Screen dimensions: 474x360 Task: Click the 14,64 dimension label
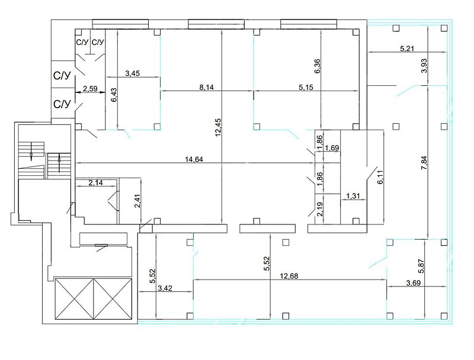coord(194,159)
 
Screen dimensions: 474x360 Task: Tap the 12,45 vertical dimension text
coord(218,127)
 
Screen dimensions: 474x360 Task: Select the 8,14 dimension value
coord(206,87)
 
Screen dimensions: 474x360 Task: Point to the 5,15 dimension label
coord(306,87)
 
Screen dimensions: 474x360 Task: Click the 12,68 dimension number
coord(289,276)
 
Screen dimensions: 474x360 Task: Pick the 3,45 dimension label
coord(132,73)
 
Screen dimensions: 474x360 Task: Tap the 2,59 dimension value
coord(90,88)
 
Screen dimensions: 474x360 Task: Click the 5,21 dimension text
coord(407,49)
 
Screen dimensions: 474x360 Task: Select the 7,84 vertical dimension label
coord(424,163)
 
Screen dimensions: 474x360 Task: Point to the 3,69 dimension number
coord(413,283)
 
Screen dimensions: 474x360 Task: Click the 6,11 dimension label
coord(380,177)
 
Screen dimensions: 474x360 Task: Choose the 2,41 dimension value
coord(137,201)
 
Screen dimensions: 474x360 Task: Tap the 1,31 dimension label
coord(353,196)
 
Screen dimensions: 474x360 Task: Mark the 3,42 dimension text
coord(165,288)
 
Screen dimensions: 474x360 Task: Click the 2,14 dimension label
coord(95,182)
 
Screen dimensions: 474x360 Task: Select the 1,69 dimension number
coord(332,147)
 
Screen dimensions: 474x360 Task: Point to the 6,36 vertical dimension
coord(318,66)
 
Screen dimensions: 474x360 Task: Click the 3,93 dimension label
coord(424,66)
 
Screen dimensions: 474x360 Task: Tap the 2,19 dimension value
coord(320,209)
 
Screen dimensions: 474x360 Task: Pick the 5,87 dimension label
coord(422,266)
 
